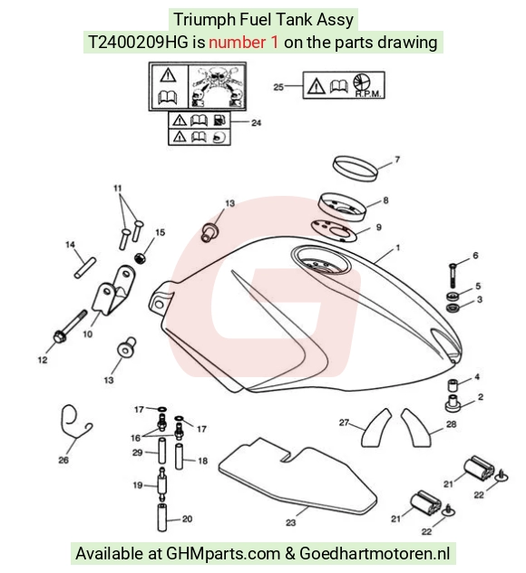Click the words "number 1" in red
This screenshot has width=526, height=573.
(243, 43)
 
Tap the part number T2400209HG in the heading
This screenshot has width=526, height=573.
(138, 43)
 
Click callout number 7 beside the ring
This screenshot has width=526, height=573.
(397, 160)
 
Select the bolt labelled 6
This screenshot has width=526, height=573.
(453, 276)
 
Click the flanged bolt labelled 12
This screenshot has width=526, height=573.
(70, 326)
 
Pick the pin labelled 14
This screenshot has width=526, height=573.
(85, 267)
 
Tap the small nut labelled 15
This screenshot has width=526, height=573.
(141, 258)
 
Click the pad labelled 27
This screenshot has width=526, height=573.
(375, 428)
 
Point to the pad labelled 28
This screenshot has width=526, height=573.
(416, 428)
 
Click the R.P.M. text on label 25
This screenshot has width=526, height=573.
(368, 94)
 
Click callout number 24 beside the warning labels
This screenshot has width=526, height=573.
(257, 122)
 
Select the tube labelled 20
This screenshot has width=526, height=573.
(162, 517)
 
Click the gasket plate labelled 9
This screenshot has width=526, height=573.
(334, 230)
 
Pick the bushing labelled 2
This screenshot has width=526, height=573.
(453, 403)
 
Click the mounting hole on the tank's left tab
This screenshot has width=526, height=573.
(159, 304)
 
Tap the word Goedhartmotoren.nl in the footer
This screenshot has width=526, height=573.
(375, 553)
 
